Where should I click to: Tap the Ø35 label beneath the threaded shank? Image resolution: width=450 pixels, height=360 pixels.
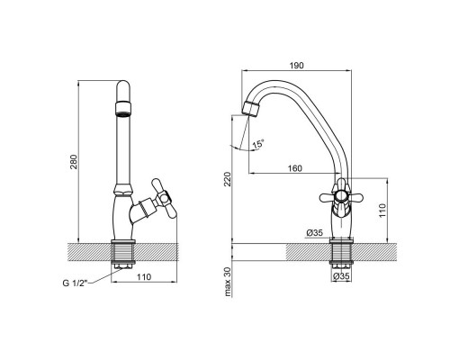pyautogui.click(x=339, y=277)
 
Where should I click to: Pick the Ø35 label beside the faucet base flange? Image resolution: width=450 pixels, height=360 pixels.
pyautogui.click(x=314, y=233)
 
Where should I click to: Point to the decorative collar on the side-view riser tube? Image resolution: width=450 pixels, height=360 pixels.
pyautogui.click(x=123, y=191)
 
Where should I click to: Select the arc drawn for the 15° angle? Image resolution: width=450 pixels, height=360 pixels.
pyautogui.click(x=240, y=144)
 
